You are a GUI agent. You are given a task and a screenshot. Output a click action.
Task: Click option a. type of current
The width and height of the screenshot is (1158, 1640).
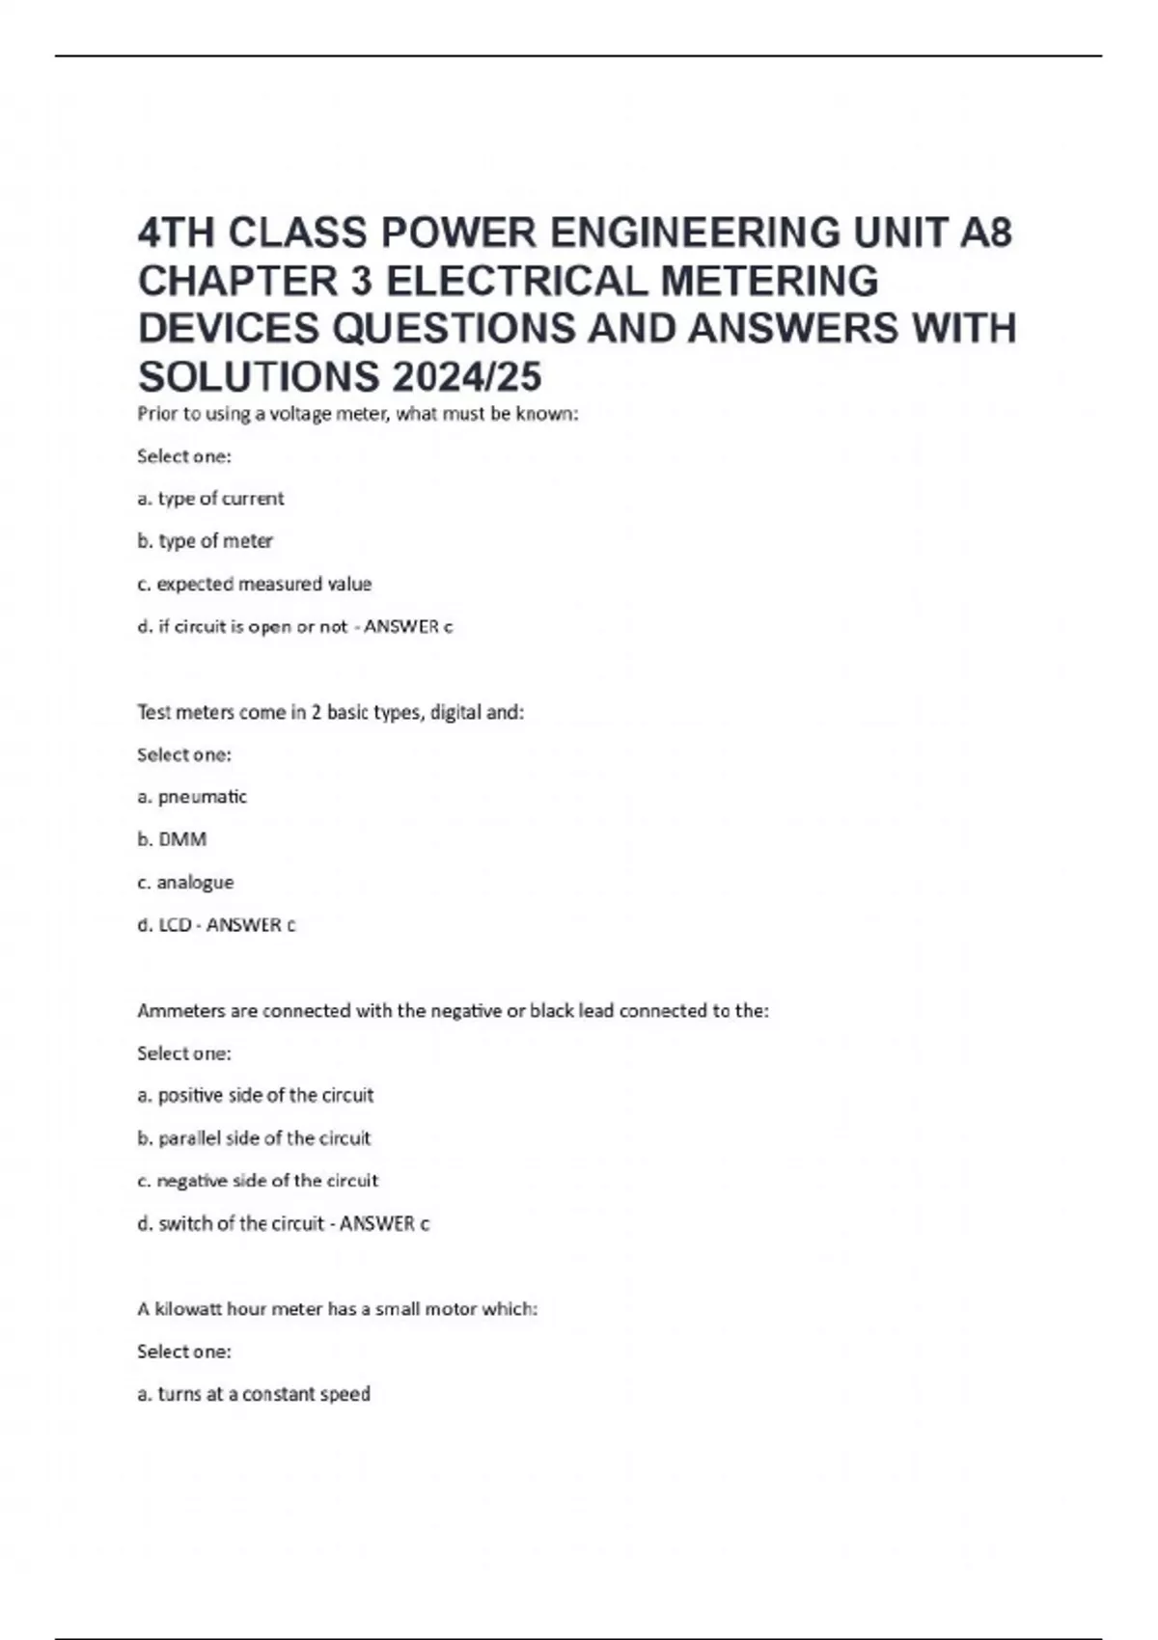coord(210,499)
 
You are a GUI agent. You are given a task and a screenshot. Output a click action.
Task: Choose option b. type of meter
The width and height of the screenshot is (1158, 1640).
coord(205,541)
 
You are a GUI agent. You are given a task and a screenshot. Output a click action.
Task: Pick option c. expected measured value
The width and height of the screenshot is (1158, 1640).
coord(254,584)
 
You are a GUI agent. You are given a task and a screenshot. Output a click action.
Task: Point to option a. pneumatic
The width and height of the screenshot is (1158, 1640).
coord(192,797)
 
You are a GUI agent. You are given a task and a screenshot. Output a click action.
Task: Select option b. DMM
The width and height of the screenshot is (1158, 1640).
coord(172,839)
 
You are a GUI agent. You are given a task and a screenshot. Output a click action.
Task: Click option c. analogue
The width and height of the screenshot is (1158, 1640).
coord(185,882)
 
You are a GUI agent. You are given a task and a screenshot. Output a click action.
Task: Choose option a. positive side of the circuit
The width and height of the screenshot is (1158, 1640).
coord(255,1095)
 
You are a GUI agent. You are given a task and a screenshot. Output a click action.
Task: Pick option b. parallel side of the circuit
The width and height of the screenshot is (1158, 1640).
coord(254,1138)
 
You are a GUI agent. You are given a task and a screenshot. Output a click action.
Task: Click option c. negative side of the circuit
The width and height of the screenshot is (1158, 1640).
coord(258,1181)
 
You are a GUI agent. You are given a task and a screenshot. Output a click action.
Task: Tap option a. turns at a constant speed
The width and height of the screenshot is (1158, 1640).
coord(254,1394)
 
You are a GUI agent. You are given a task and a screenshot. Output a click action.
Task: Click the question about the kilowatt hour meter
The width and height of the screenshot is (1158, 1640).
coord(337,1309)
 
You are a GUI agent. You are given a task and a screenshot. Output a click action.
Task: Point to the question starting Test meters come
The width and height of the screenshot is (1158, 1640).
coord(330,713)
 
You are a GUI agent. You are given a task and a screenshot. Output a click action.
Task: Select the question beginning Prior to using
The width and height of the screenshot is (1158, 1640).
coord(357,415)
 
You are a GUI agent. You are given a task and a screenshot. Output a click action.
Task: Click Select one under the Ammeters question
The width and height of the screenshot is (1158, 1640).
coord(184,1053)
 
